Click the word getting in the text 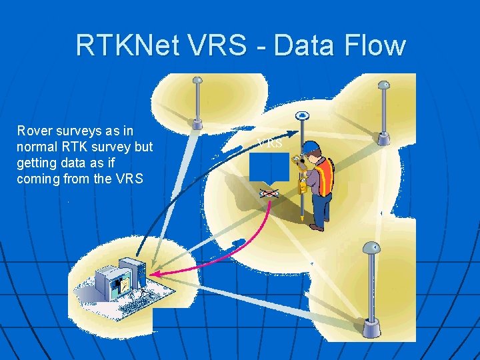click(x=38, y=163)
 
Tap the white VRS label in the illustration click(x=270, y=143)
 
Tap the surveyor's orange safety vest click(x=323, y=179)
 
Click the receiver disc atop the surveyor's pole click(x=303, y=115)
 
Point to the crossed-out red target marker click(x=269, y=193)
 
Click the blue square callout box click(x=269, y=167)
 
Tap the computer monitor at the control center click(x=108, y=281)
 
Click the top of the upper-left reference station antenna click(x=197, y=81)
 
